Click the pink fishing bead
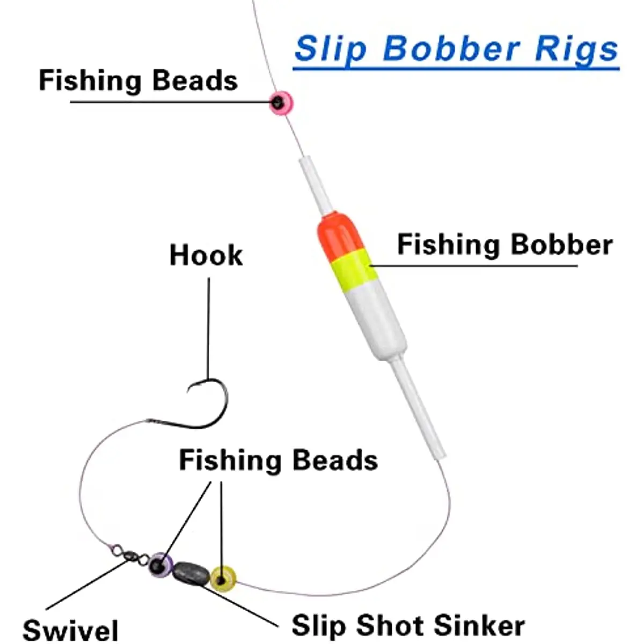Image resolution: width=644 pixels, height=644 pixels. click(x=281, y=103)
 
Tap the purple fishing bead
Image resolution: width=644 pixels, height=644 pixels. click(x=160, y=565)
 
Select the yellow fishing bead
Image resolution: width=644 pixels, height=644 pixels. click(x=223, y=579)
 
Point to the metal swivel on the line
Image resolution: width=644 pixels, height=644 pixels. click(x=130, y=555)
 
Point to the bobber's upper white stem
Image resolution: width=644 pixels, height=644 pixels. click(x=315, y=184)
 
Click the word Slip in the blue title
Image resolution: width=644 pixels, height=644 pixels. click(x=331, y=49)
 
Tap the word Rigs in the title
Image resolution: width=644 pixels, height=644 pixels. click(x=576, y=50)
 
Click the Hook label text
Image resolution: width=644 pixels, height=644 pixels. click(x=206, y=255)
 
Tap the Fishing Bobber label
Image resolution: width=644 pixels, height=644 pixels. click(x=505, y=245)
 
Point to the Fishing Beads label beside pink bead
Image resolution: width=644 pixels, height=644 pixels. click(x=138, y=80)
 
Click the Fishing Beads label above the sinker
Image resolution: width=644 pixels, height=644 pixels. click(x=279, y=460)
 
